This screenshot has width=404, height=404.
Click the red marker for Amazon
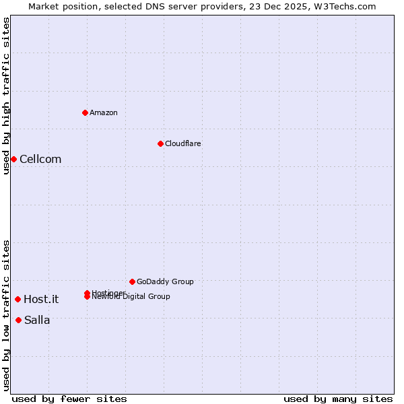(85, 112)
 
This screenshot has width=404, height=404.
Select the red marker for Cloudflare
(160, 143)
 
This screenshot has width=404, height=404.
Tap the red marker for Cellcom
(13, 159)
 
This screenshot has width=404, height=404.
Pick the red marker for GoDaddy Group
(132, 281)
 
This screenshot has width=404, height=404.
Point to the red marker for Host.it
(18, 299)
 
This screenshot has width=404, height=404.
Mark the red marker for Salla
(18, 320)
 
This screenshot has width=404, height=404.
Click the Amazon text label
(104, 112)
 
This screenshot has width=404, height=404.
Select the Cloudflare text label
(182, 143)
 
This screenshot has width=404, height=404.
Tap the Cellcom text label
(40, 160)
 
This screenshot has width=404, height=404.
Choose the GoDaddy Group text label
(165, 281)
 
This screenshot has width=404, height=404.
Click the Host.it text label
(41, 300)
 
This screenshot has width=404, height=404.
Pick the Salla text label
(37, 321)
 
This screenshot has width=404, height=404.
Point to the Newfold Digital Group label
(131, 297)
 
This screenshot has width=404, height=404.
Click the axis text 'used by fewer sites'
(69, 399)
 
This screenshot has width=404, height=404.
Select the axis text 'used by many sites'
(338, 399)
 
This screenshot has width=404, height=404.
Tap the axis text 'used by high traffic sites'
(6, 96)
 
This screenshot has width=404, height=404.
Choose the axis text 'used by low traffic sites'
(6, 315)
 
